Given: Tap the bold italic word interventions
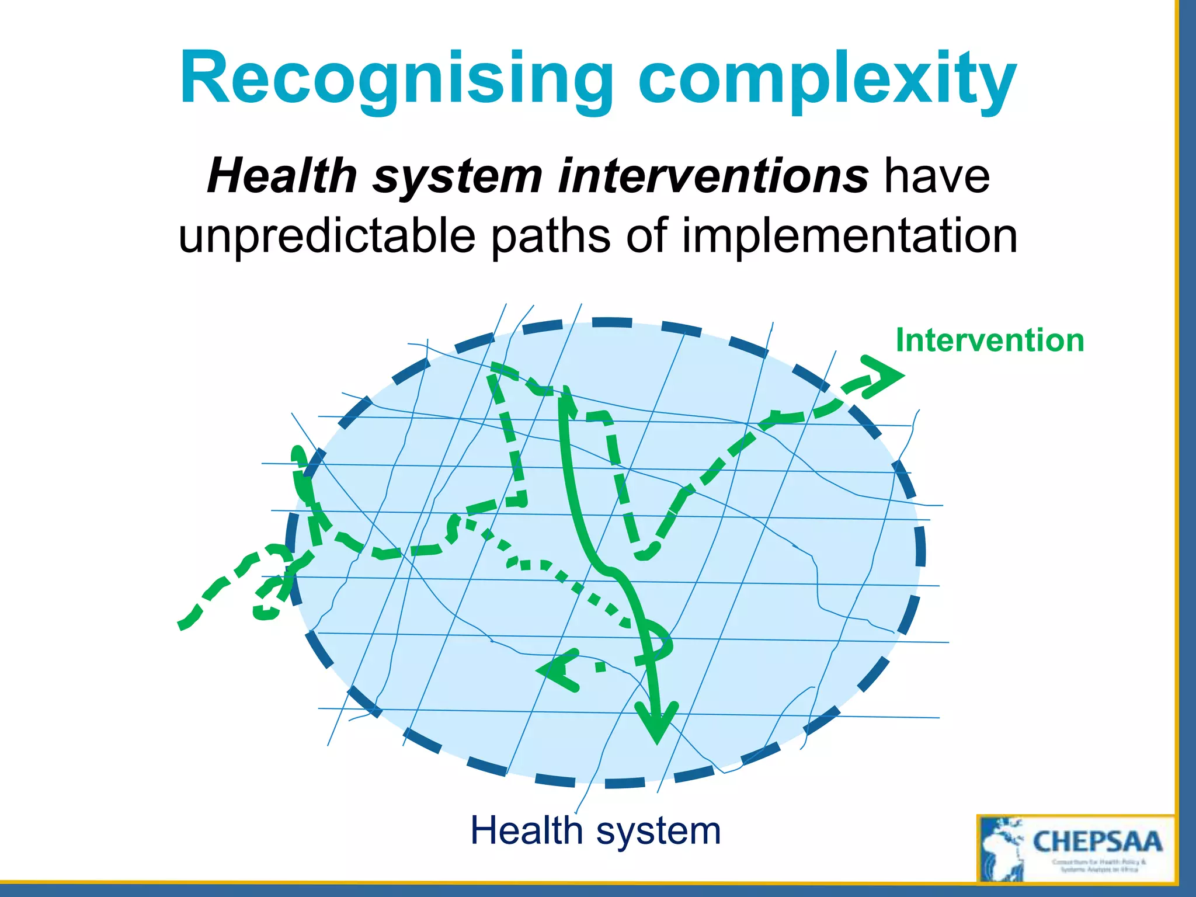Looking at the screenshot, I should point(713,176).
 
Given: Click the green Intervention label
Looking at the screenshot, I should point(989,340).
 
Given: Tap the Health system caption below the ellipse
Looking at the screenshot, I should point(596,830).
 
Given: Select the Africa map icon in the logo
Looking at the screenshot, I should point(1002,850).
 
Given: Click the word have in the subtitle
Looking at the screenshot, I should point(937,176).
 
